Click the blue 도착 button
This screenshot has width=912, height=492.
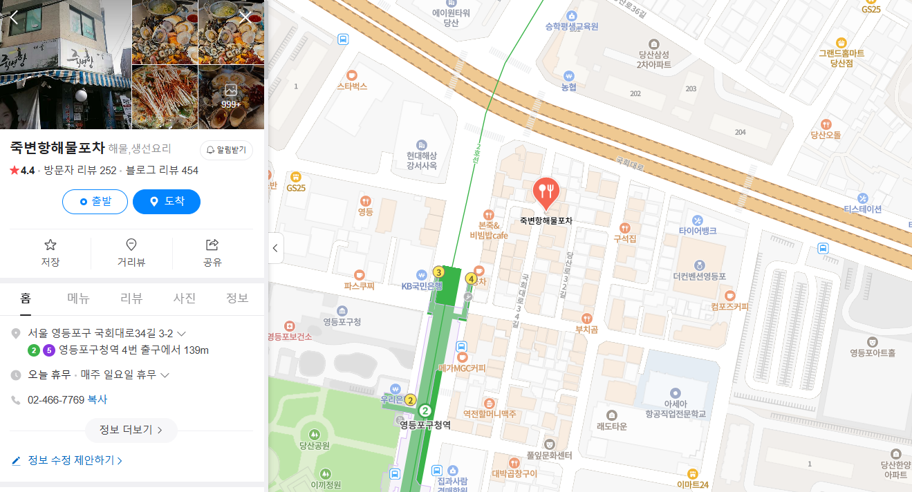tap(167, 202)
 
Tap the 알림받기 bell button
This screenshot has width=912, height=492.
tap(226, 150)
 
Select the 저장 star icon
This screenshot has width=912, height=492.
tap(50, 245)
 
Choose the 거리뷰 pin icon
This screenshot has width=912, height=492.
tap(131, 245)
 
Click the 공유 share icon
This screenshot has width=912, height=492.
tap(212, 245)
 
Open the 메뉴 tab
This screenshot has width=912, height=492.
tap(78, 299)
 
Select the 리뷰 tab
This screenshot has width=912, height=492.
tap(131, 299)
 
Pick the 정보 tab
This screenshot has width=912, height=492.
tap(237, 299)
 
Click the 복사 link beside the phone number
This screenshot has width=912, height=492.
tap(97, 400)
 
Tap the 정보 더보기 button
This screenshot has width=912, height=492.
tap(131, 430)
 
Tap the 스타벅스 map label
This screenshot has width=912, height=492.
tap(352, 86)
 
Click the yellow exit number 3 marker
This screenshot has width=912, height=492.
tap(438, 272)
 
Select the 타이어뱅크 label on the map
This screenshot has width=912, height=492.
tap(697, 231)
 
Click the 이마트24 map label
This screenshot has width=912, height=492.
tap(692, 484)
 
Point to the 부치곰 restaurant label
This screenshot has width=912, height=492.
tap(587, 329)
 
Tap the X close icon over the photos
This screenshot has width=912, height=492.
tap(246, 17)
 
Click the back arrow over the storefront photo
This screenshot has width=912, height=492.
tap(14, 17)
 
